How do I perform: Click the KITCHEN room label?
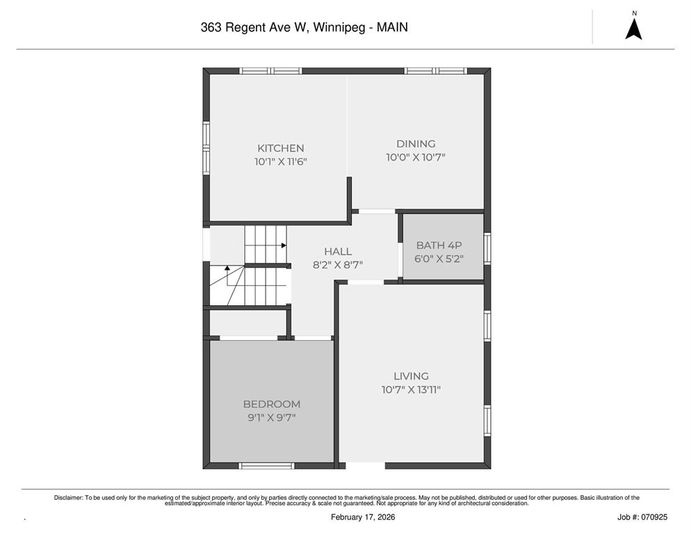[281, 148]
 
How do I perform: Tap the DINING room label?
[416, 144]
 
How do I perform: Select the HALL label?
[338, 251]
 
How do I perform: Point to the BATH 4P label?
[439, 245]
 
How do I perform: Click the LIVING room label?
[411, 376]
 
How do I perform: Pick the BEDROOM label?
[272, 404]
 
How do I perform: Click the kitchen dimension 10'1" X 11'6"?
[281, 162]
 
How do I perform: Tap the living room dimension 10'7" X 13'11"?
[411, 390]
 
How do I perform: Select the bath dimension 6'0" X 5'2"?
[439, 259]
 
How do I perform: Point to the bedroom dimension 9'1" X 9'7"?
[272, 418]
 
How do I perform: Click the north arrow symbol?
[634, 29]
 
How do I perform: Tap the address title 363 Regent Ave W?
[254, 27]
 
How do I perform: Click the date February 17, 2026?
[363, 517]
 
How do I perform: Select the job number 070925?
[656, 517]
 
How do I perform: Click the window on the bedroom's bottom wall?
[267, 466]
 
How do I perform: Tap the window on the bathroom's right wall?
[487, 249]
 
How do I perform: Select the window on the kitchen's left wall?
[206, 149]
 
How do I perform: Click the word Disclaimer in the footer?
[68, 498]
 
